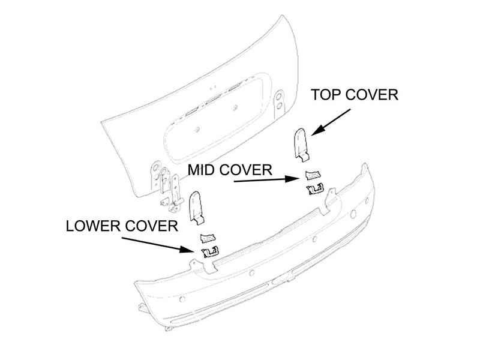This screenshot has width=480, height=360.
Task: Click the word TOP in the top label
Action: (326, 95)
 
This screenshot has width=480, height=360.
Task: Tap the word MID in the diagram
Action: (203, 170)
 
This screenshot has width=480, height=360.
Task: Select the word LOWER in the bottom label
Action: (94, 226)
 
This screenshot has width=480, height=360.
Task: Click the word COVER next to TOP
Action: (373, 95)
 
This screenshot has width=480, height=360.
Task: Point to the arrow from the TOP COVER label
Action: (331, 122)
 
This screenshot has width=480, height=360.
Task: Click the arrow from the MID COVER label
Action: (266, 179)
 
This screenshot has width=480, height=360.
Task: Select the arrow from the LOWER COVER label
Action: (158, 245)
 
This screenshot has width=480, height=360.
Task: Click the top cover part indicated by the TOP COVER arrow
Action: (301, 145)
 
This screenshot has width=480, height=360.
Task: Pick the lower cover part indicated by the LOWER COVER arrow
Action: (209, 252)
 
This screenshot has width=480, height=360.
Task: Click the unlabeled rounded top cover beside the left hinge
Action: (196, 208)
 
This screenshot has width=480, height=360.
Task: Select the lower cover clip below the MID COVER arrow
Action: (316, 189)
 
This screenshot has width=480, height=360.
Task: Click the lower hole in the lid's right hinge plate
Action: (279, 106)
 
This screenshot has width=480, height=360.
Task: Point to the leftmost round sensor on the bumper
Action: (182, 299)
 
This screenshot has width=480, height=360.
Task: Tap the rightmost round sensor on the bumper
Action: (367, 200)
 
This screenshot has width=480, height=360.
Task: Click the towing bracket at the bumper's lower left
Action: (143, 308)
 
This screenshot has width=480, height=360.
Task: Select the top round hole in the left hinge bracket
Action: (155, 167)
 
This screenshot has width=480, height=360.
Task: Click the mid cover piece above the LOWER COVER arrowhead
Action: (208, 237)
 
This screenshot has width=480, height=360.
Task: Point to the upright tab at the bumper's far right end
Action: (365, 169)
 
